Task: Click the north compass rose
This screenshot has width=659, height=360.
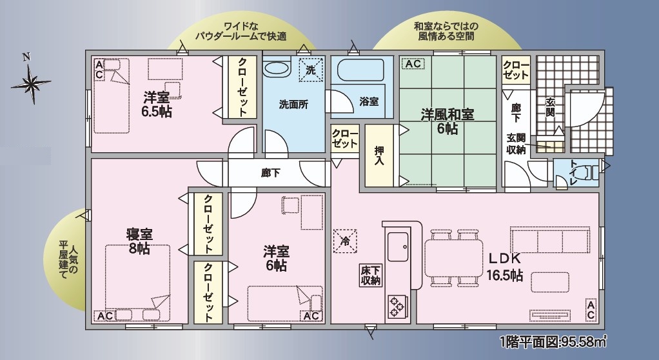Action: coord(31,83)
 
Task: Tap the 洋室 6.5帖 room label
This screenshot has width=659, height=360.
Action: coord(157,105)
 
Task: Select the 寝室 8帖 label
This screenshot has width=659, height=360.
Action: coord(139,241)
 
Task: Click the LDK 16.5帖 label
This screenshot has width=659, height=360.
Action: coord(505,267)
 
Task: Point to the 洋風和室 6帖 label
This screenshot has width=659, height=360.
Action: coord(448,121)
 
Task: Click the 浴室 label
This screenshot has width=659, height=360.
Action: coord(369,101)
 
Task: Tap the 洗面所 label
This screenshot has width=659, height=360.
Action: coord(294,105)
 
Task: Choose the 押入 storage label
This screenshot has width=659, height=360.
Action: coord(379,155)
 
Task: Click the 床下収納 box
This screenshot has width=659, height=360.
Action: coord(371,275)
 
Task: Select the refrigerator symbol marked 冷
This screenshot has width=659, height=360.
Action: coord(345,241)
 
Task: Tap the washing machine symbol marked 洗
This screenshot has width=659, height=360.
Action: coord(311,70)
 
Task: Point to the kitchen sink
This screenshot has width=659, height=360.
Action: coord(398,246)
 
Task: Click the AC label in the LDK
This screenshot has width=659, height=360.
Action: coord(591,310)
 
